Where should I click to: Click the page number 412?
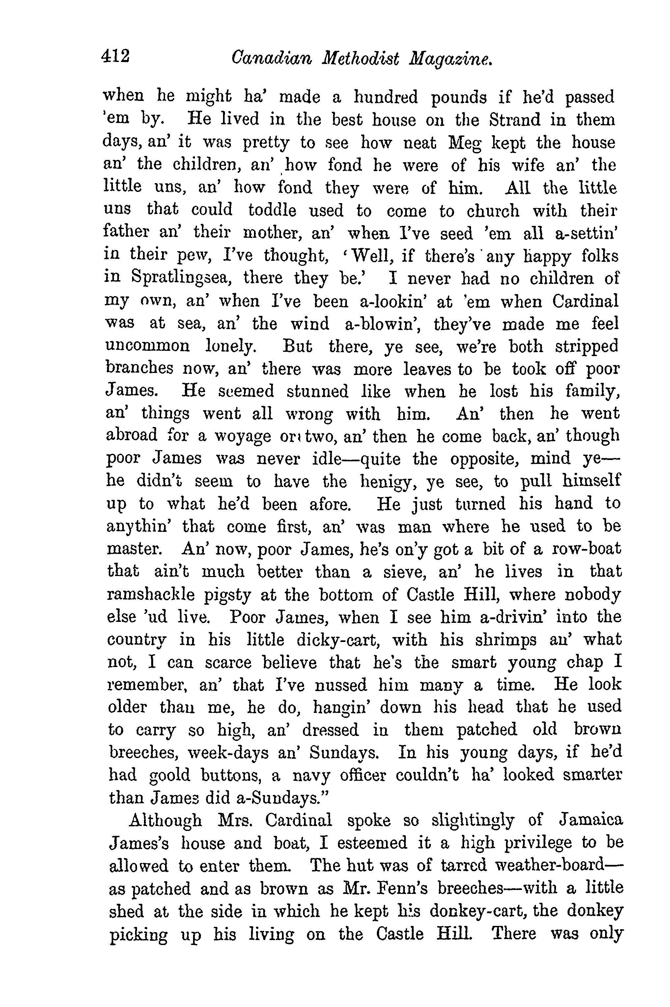[115, 56]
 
